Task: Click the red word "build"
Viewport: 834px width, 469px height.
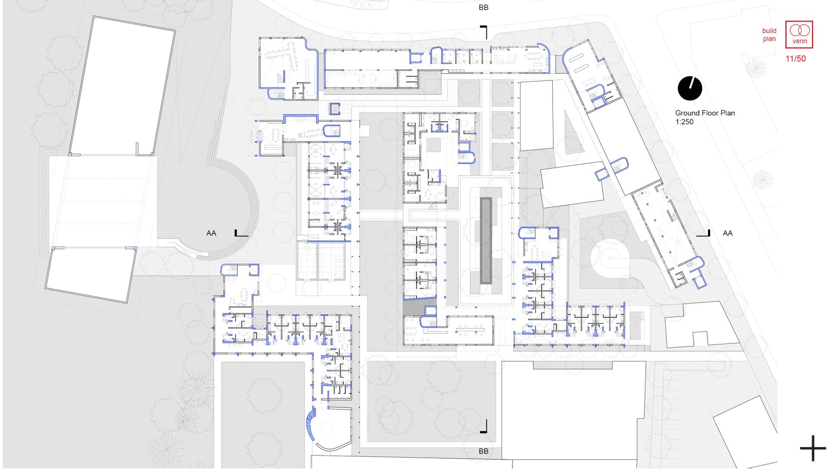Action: (769, 31)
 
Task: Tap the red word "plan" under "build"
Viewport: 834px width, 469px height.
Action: (769, 39)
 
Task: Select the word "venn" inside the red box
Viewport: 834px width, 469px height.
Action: (799, 42)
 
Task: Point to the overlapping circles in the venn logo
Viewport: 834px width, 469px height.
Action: (799, 30)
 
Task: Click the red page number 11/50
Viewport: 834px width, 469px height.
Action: (795, 59)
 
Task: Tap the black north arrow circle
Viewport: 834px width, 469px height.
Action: (690, 88)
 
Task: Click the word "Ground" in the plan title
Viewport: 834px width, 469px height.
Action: (687, 113)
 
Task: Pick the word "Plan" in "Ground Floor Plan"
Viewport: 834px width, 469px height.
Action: (728, 113)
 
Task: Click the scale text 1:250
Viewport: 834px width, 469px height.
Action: (684, 122)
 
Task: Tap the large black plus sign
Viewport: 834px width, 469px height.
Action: (813, 448)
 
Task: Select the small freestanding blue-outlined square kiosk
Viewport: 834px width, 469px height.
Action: (335, 109)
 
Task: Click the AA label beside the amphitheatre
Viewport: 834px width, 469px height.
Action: (211, 233)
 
